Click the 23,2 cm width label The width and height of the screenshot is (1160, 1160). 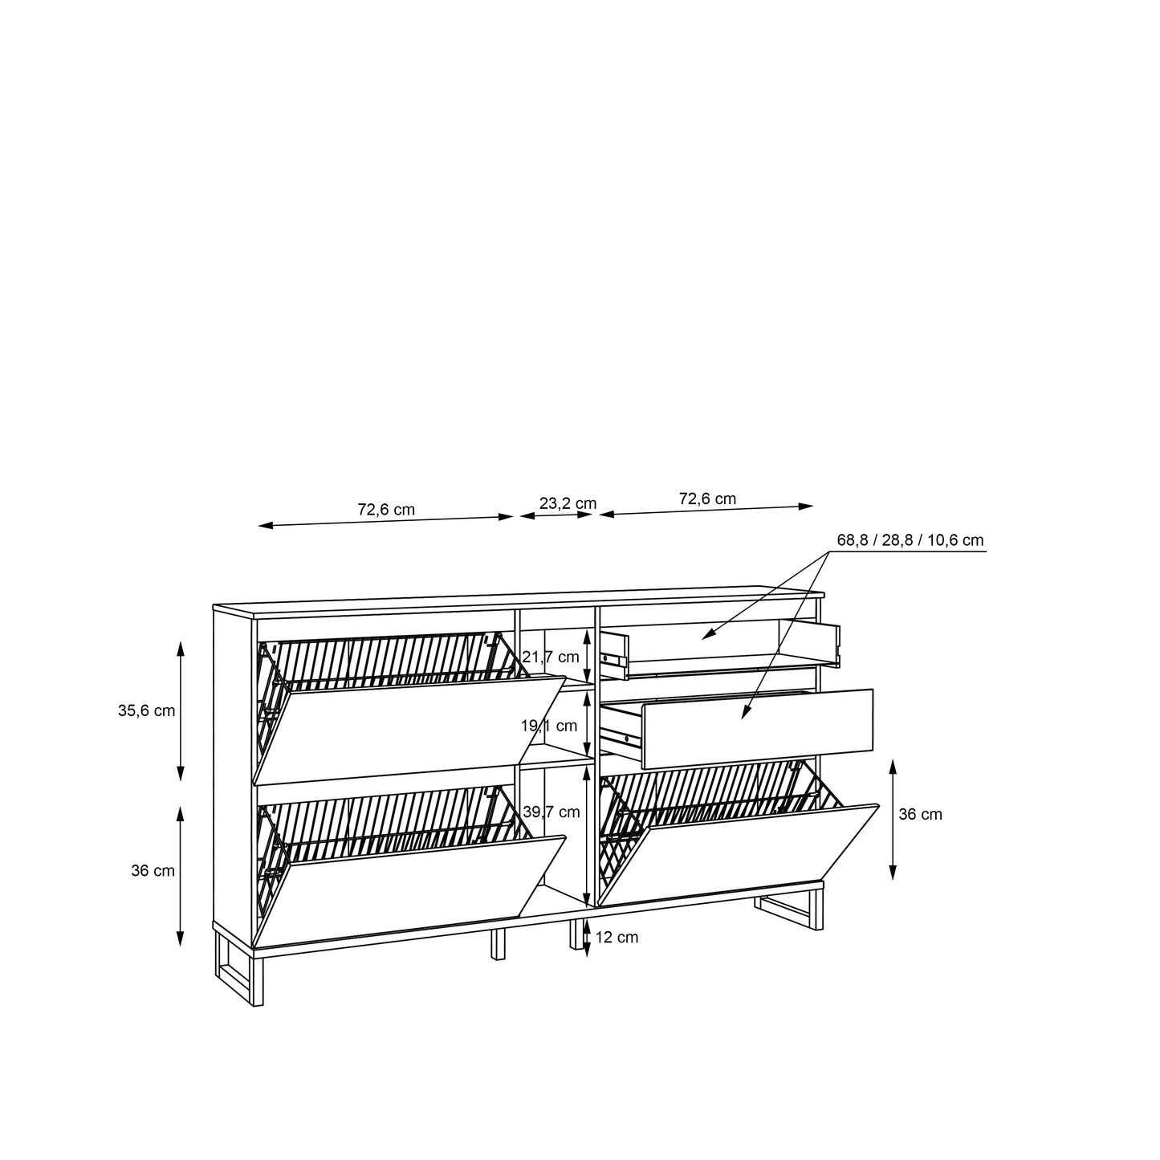(x=567, y=503)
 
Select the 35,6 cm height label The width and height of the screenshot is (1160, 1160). (x=146, y=711)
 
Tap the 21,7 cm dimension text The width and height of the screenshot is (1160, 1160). (x=550, y=657)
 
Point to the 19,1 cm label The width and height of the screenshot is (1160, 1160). (x=548, y=726)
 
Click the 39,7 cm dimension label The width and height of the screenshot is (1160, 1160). (x=551, y=812)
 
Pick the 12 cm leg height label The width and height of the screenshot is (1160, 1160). (x=617, y=938)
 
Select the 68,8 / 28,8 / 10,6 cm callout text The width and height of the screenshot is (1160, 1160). (x=910, y=540)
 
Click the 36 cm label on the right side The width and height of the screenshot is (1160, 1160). (x=920, y=815)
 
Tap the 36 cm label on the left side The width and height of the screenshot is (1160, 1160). (x=153, y=870)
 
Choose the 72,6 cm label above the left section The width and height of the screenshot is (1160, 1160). (x=386, y=509)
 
